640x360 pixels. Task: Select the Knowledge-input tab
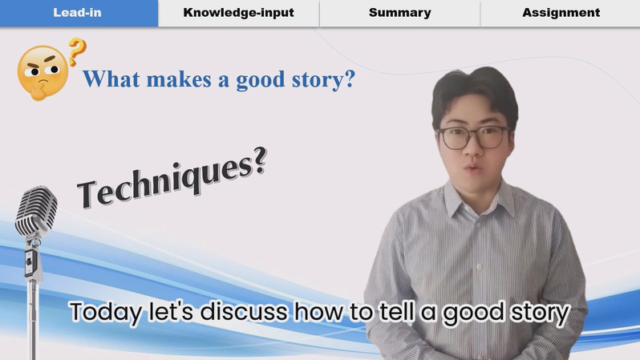(x=238, y=13)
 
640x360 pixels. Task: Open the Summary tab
(x=399, y=13)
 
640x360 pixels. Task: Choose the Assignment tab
(x=561, y=13)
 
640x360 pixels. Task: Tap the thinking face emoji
(x=43, y=73)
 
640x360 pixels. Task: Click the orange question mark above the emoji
(x=77, y=51)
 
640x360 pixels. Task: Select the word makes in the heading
(x=179, y=79)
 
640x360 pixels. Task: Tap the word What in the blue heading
(x=111, y=79)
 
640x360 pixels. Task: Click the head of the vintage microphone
(x=36, y=211)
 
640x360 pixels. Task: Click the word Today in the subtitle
(x=106, y=312)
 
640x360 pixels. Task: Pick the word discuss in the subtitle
(x=244, y=312)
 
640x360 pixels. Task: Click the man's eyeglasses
(x=473, y=137)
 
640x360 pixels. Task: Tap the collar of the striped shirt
(x=477, y=199)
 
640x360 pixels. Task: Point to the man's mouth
(x=473, y=168)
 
